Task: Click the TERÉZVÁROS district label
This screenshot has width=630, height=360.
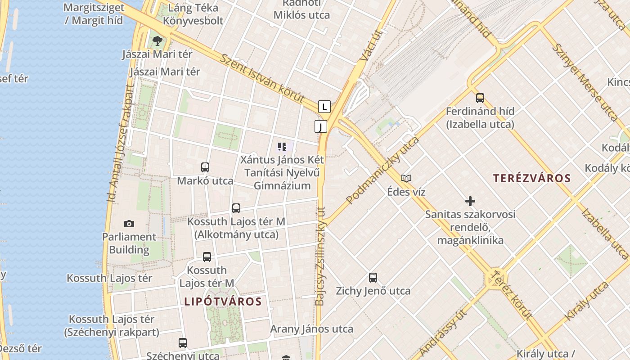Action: click(x=532, y=178)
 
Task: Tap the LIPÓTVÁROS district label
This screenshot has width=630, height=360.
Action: click(x=223, y=301)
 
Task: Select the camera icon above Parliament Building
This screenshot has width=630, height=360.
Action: click(x=129, y=224)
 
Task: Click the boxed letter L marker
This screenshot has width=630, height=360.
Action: click(x=324, y=107)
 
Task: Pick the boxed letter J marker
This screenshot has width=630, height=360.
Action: click(x=320, y=126)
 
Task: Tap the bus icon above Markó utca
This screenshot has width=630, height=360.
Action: click(x=205, y=167)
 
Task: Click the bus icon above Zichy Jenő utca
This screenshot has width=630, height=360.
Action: click(x=373, y=277)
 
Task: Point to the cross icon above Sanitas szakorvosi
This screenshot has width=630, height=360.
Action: click(x=470, y=201)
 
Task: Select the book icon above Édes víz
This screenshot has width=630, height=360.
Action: click(x=406, y=178)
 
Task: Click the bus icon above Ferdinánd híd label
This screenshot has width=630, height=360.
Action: click(x=480, y=98)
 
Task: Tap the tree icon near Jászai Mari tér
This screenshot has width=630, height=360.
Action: click(x=157, y=41)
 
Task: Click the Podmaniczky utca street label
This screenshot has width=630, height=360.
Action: click(x=382, y=170)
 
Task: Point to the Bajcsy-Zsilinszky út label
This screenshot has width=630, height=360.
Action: click(x=320, y=256)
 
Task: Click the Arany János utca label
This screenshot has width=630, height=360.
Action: click(x=311, y=329)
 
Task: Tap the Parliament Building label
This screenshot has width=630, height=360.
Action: click(x=129, y=243)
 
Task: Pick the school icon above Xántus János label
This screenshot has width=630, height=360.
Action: click(x=282, y=146)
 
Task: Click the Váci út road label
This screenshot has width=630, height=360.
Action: click(x=371, y=45)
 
